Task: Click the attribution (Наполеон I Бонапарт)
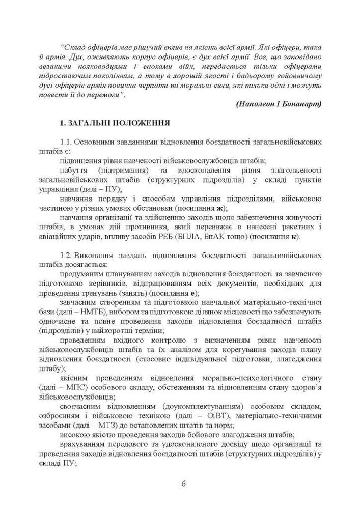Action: tap(279, 104)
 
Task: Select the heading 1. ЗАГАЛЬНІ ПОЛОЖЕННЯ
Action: tap(115, 124)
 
